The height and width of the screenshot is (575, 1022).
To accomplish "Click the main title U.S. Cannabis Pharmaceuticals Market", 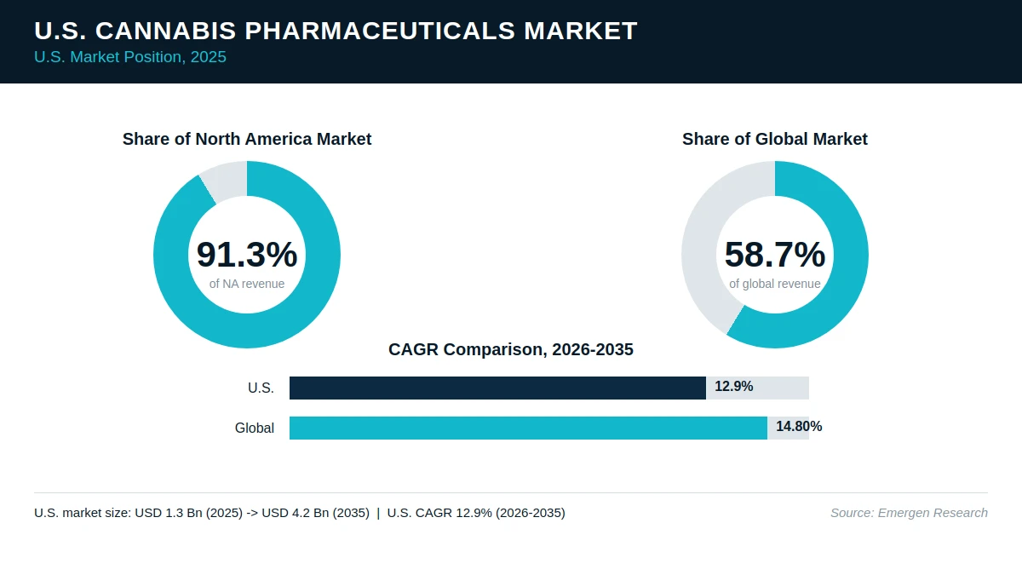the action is tap(336, 31).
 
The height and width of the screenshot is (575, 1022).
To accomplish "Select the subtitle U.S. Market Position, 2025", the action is tap(130, 57).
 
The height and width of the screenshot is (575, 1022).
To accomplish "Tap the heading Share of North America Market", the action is tap(247, 139).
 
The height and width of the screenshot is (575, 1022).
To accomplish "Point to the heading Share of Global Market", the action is tap(775, 139).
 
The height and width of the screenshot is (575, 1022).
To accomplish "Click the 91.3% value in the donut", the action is tap(247, 254).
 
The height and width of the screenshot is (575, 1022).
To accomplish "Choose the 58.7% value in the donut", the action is tap(775, 254).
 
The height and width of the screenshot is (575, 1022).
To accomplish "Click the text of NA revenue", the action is tap(247, 284).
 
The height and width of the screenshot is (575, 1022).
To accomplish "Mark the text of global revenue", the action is tap(775, 284).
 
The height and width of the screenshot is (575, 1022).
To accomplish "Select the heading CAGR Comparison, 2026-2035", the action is tap(511, 349).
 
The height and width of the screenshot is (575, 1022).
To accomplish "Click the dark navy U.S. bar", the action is tap(497, 388).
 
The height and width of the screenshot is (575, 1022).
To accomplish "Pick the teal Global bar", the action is tap(528, 428).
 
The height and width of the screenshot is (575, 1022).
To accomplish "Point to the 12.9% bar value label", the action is tap(733, 387).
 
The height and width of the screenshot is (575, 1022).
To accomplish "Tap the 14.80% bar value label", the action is tap(799, 427).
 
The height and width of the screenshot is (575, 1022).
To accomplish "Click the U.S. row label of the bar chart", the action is tap(261, 388).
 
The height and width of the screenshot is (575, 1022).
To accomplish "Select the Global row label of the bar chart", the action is tap(255, 428).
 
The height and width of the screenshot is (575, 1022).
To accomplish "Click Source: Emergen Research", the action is tap(909, 513).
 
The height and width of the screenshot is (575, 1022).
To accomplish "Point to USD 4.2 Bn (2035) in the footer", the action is tap(316, 513).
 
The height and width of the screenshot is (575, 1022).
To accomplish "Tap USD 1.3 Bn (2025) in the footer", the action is tap(189, 513).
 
